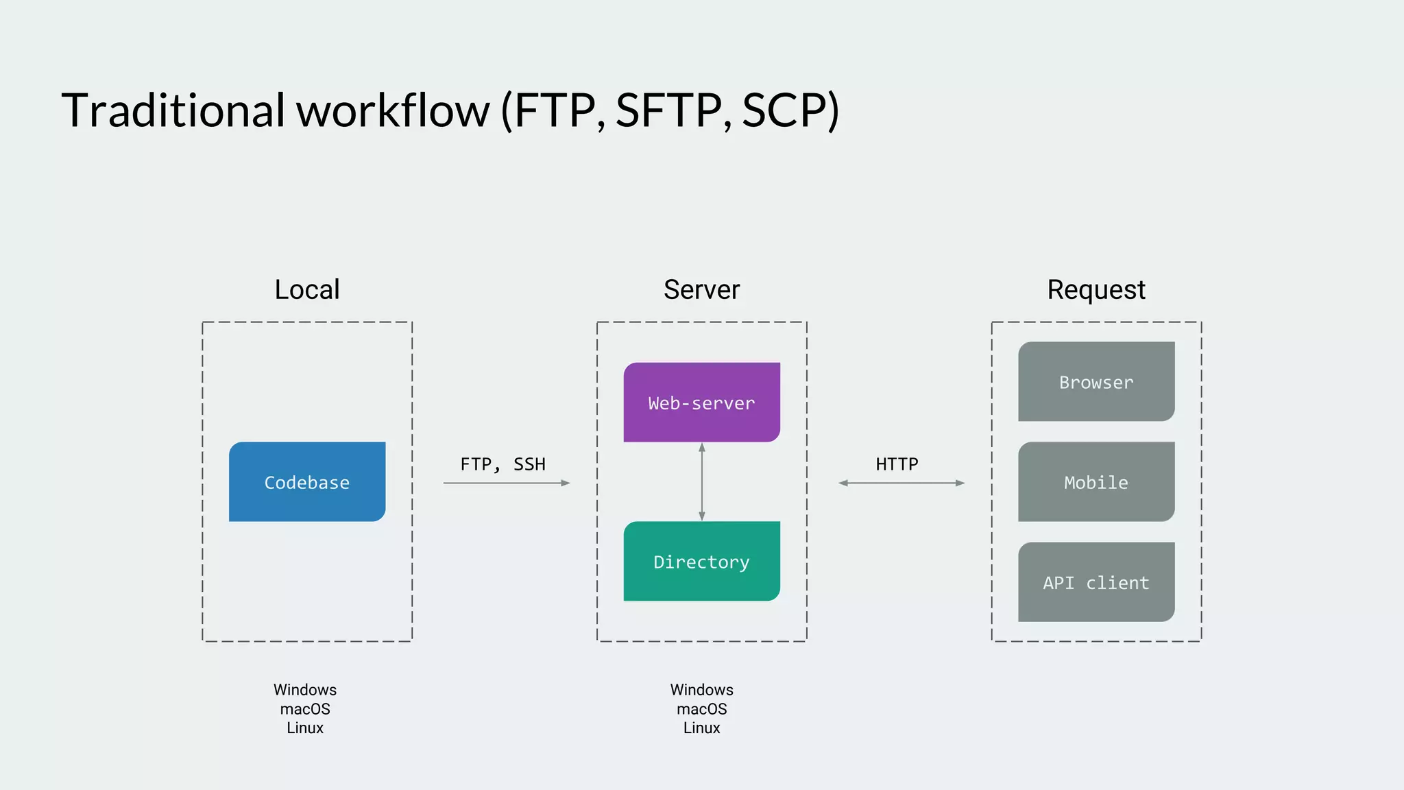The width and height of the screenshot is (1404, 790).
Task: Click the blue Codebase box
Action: (307, 482)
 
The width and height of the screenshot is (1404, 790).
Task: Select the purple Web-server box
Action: (701, 403)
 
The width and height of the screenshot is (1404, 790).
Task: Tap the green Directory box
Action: (701, 562)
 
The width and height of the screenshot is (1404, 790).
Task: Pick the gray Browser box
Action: (1096, 382)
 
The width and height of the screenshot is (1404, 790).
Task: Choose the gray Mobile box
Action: (1096, 482)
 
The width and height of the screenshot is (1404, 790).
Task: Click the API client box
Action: (1096, 582)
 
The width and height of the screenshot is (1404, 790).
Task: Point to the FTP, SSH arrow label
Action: (503, 464)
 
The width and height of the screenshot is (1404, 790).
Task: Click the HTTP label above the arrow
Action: (897, 464)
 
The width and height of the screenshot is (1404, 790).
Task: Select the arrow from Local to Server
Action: (506, 483)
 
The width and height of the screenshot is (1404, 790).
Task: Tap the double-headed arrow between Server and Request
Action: (901, 483)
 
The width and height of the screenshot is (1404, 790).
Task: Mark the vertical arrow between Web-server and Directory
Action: (701, 482)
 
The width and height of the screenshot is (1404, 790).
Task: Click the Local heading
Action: (307, 289)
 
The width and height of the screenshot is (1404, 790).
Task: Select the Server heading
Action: (701, 289)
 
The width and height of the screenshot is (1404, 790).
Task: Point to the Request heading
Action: (1096, 289)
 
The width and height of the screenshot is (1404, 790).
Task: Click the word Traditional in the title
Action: (173, 110)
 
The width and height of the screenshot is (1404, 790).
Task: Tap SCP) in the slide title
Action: (790, 110)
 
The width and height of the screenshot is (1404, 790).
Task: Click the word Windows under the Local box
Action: (305, 690)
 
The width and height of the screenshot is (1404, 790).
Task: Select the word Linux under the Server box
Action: (701, 728)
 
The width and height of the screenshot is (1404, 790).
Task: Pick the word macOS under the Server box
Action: (701, 709)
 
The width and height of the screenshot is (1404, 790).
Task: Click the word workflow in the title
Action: (393, 110)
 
